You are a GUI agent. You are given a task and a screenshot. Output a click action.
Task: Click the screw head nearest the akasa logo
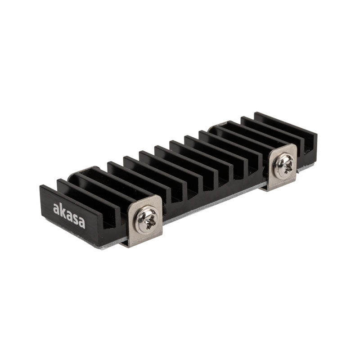click(146, 220)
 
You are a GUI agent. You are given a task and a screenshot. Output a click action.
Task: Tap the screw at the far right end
click(283, 165)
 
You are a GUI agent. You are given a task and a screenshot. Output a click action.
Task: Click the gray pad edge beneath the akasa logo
click(76, 238)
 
